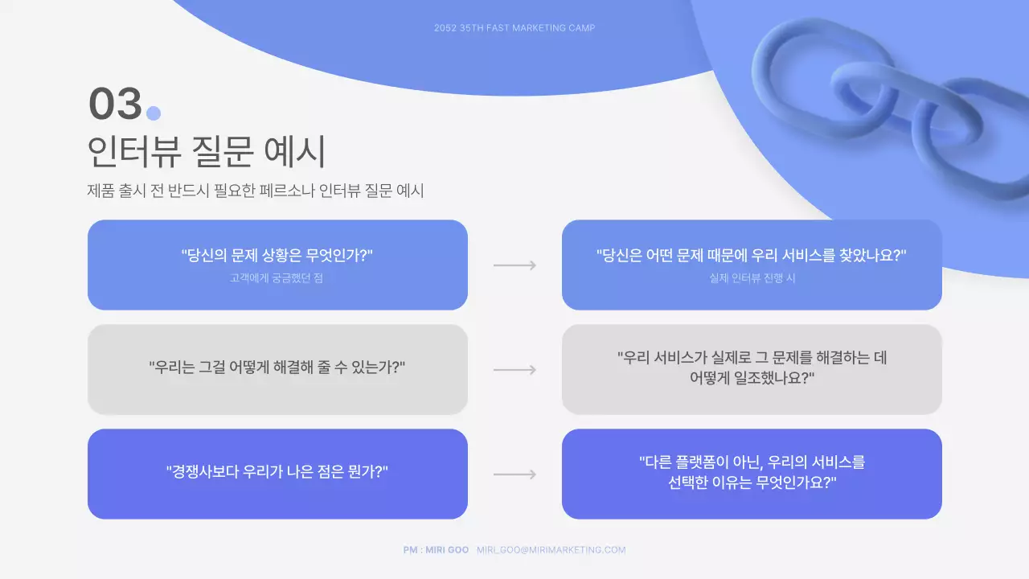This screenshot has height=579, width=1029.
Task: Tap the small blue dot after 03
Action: click(154, 113)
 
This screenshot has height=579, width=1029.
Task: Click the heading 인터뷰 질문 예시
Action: click(205, 151)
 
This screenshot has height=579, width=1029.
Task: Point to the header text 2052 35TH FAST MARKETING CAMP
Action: click(514, 28)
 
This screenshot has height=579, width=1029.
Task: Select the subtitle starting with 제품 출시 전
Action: click(255, 191)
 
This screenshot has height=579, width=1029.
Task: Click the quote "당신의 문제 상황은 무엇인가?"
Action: click(277, 256)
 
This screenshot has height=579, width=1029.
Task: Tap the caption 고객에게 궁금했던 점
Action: click(277, 278)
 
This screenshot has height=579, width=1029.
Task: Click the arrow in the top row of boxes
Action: click(514, 265)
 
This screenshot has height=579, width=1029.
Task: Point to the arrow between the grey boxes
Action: click(514, 370)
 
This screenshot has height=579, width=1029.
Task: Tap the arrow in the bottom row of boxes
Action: click(514, 474)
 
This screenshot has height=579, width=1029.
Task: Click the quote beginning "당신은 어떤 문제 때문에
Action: click(752, 256)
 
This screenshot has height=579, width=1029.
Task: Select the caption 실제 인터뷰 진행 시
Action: click(752, 278)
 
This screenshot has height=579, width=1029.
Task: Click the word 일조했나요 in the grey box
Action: click(774, 378)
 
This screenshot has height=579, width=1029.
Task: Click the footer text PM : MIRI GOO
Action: click(436, 550)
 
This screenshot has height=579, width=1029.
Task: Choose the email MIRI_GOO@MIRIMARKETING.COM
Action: click(551, 550)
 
